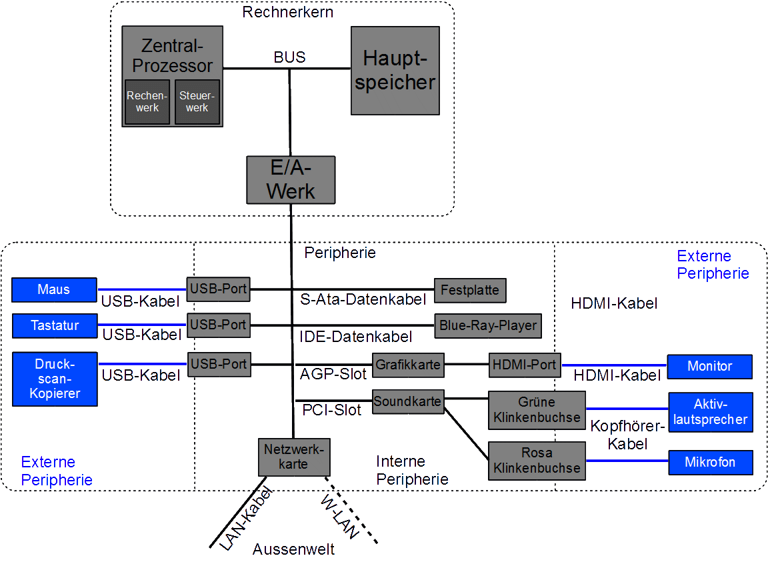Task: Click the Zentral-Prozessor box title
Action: pyautogui.click(x=172, y=56)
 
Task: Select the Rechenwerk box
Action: pyautogui.click(x=147, y=102)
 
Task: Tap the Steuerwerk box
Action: pyautogui.click(x=197, y=102)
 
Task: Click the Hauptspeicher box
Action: pyautogui.click(x=395, y=71)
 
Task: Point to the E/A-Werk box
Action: pyautogui.click(x=291, y=180)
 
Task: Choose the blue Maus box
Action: pyautogui.click(x=54, y=290)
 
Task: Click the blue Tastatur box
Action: pyautogui.click(x=55, y=326)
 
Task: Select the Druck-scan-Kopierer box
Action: pyautogui.click(x=55, y=379)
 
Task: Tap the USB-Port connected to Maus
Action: pyautogui.click(x=219, y=289)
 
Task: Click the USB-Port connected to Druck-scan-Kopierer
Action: pyautogui.click(x=219, y=365)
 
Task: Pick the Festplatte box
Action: pyautogui.click(x=470, y=291)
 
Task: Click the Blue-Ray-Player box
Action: pyautogui.click(x=488, y=326)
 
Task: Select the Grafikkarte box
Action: pyautogui.click(x=408, y=365)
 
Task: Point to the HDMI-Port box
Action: pyautogui.click(x=524, y=365)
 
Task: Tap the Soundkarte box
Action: pyautogui.click(x=407, y=402)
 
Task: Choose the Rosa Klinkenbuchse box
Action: pyautogui.click(x=537, y=461)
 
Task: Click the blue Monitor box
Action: pyautogui.click(x=710, y=367)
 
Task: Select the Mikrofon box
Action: pyautogui.click(x=710, y=462)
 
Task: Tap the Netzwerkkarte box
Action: pyautogui.click(x=293, y=457)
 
